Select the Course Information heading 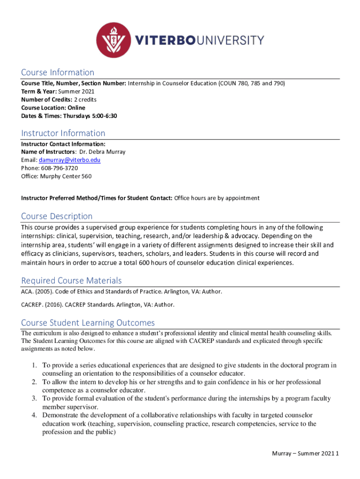(58, 73)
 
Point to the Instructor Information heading (63, 133)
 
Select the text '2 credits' (86, 100)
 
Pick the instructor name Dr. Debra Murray (101, 152)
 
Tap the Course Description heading (57, 216)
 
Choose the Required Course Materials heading (72, 281)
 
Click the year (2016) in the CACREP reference (53, 305)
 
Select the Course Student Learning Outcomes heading (88, 323)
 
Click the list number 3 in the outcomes (34, 399)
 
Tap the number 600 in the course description (144, 262)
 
